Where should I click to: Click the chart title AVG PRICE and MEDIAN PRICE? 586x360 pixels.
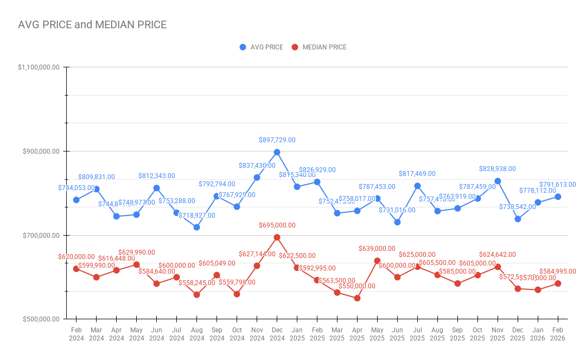(x=92, y=25)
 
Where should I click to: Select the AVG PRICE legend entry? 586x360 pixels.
(x=261, y=47)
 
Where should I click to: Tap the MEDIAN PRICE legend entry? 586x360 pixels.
(x=319, y=47)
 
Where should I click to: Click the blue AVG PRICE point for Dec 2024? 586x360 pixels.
(x=277, y=152)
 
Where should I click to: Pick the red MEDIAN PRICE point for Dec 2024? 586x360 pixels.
(x=277, y=237)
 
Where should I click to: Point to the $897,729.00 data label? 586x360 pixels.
(x=277, y=140)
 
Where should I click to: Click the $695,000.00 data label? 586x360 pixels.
(x=277, y=225)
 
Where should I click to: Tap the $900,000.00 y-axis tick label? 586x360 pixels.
(x=40, y=151)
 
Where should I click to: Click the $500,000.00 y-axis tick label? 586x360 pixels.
(x=40, y=319)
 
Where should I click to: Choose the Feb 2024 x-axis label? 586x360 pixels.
(x=77, y=334)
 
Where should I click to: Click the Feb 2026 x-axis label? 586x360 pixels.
(x=557, y=334)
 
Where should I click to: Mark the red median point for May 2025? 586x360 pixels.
(x=377, y=261)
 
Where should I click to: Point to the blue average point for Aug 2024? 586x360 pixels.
(x=196, y=227)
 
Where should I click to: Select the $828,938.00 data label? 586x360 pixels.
(x=497, y=169)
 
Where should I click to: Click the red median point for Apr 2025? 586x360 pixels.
(x=357, y=298)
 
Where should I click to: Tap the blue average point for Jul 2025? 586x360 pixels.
(x=417, y=186)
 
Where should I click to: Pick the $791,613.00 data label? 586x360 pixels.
(x=557, y=185)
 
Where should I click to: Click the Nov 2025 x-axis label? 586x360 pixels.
(x=498, y=334)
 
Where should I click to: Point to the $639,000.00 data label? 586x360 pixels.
(x=377, y=249)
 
